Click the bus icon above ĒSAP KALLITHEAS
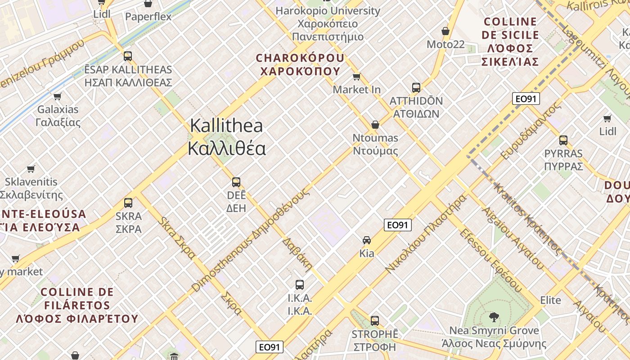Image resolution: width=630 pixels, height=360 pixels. [x=128, y=56]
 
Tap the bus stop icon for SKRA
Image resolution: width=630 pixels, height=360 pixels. [x=128, y=203]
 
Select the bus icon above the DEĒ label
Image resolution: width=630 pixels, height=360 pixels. [x=236, y=182]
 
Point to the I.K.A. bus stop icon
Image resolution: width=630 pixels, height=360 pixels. [x=300, y=285]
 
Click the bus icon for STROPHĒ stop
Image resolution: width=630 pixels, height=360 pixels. [x=375, y=321]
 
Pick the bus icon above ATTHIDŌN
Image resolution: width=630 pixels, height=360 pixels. [x=416, y=88]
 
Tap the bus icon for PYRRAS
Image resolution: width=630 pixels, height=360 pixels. [x=563, y=140]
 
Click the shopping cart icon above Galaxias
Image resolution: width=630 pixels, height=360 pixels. [x=58, y=96]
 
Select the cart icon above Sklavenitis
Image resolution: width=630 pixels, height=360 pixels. [x=31, y=169]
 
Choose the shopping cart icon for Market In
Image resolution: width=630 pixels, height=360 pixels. [x=357, y=76]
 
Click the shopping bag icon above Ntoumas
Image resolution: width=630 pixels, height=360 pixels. [x=375, y=125]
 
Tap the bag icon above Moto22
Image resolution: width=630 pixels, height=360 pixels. [x=445, y=31]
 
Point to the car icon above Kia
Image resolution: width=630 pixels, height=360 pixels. [x=367, y=240]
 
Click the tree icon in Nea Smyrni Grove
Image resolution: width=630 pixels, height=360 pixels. [x=494, y=317]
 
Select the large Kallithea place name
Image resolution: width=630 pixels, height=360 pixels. [x=226, y=137]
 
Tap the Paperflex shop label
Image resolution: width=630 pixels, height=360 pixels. [x=148, y=17]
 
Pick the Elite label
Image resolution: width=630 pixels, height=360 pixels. [x=551, y=300]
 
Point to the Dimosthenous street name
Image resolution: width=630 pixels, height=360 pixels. [x=251, y=239]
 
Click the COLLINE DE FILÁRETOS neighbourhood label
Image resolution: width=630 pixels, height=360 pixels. [x=77, y=305]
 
